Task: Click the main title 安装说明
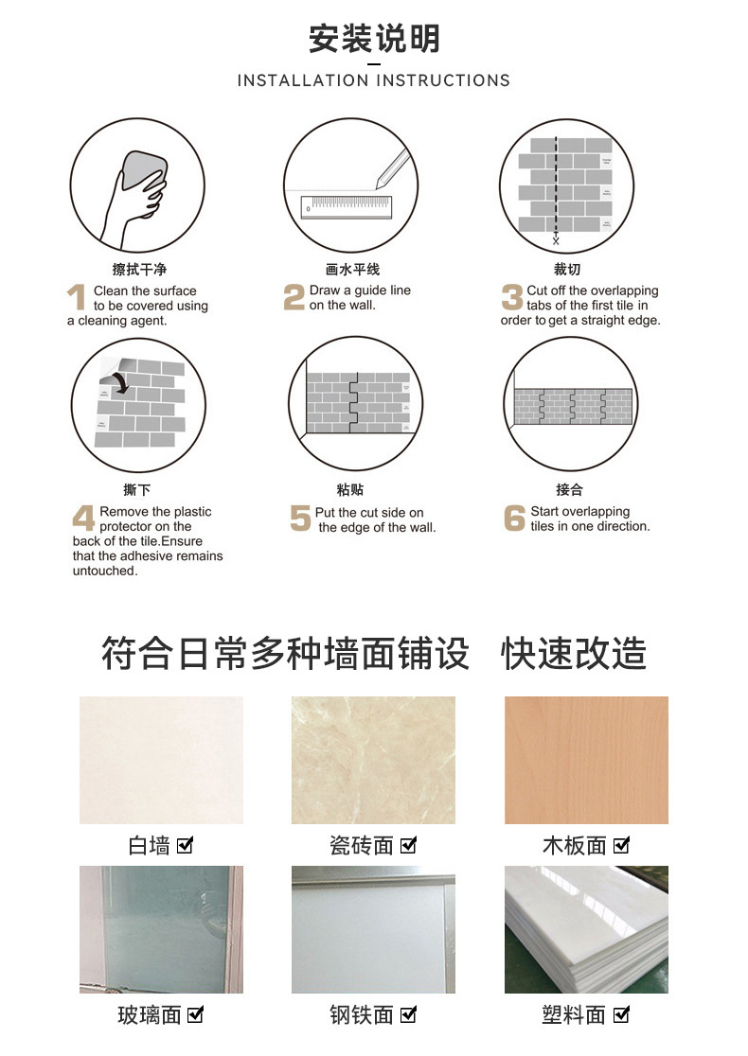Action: click(x=374, y=39)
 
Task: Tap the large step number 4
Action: click(x=83, y=518)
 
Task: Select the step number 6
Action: click(x=514, y=518)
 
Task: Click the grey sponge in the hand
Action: click(x=144, y=171)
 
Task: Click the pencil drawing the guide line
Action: click(x=392, y=169)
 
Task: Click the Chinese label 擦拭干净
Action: click(x=139, y=270)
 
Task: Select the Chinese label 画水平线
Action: click(x=352, y=270)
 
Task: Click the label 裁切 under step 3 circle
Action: click(x=567, y=270)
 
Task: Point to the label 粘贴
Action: click(x=350, y=489)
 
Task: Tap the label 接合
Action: click(x=569, y=489)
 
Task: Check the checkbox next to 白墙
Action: click(x=185, y=845)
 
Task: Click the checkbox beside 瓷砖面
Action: click(x=408, y=845)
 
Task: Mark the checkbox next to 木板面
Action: click(x=621, y=845)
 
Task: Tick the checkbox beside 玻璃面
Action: click(x=195, y=1014)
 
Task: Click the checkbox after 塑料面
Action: click(x=621, y=1014)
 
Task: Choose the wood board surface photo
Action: click(x=586, y=760)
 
